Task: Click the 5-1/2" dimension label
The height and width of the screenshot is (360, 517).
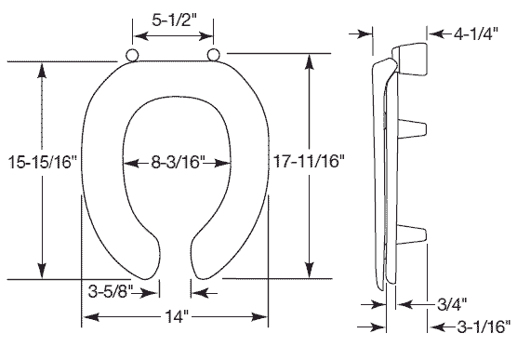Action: coord(174,20)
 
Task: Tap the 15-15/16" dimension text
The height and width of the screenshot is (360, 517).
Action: coord(42,162)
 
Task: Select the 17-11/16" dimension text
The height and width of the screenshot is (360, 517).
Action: coord(309,161)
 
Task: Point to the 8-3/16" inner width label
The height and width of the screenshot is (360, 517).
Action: coord(178,162)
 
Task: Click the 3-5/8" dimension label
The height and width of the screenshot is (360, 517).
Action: coord(111,291)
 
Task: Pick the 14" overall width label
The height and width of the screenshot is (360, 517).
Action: coord(176,317)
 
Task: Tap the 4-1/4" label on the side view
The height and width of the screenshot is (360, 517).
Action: coord(476,33)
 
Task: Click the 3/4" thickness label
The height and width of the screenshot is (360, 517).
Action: coord(452,304)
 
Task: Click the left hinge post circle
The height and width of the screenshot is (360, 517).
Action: coord(132,55)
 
